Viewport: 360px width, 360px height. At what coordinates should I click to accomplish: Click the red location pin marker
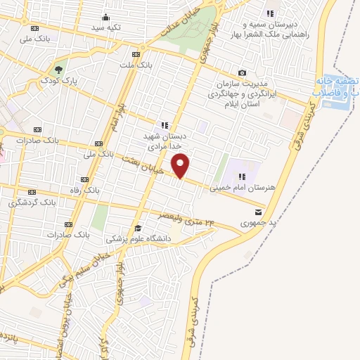pos(181,166)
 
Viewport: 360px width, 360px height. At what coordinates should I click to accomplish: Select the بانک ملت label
pos(136,65)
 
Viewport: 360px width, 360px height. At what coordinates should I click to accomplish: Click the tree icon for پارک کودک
pos(58,69)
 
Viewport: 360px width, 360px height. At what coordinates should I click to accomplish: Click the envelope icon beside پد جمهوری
pos(259,211)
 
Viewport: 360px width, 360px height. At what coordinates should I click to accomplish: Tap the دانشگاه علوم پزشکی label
pos(139,238)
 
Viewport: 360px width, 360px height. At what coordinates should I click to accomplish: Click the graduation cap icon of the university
pos(138,227)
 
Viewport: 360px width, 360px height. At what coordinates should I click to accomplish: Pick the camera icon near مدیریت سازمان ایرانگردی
pos(243,72)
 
